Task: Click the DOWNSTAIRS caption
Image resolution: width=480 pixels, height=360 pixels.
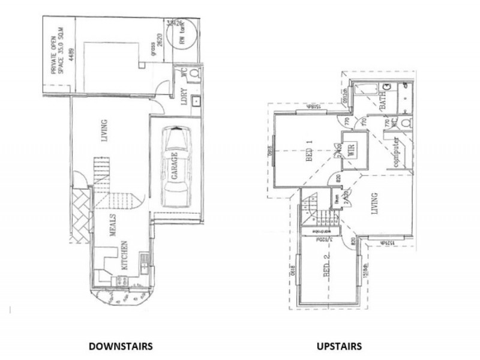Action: pos(121,346)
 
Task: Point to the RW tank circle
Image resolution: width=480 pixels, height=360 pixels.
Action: pos(184,38)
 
